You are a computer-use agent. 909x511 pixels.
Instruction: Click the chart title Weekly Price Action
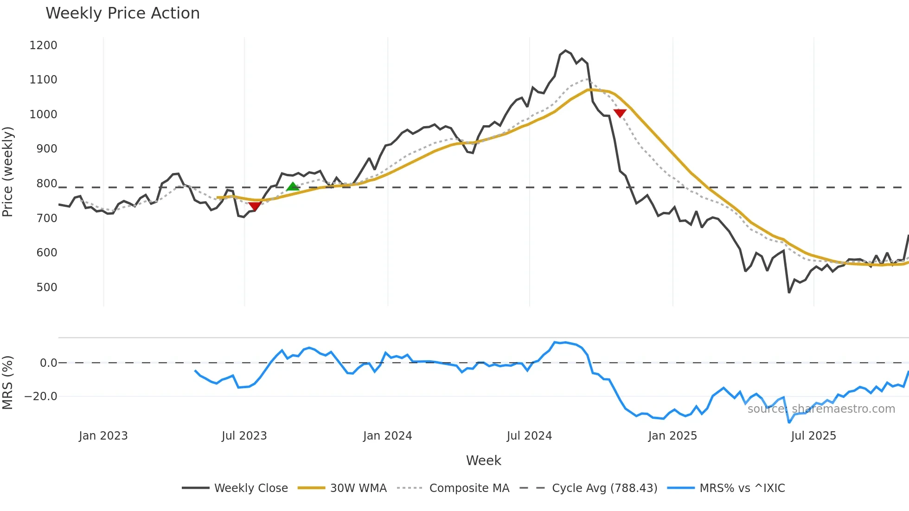[x=122, y=13]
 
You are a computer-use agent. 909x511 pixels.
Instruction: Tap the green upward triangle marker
[x=293, y=186]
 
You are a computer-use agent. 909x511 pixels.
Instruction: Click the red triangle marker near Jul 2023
[x=255, y=206]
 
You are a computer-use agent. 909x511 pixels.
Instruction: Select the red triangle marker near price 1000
[x=620, y=113]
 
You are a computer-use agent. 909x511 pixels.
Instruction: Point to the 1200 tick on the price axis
[x=43, y=45]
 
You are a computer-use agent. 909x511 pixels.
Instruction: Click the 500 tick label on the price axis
[x=46, y=287]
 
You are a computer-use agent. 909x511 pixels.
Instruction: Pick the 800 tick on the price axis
[x=46, y=184]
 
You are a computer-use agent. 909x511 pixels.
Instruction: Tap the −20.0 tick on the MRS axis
[x=41, y=396]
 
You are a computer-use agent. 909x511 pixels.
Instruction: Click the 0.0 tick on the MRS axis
[x=48, y=363]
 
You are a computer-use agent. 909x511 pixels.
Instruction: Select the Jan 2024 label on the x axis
[x=387, y=436]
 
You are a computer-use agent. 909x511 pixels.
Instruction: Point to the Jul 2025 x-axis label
[x=813, y=436]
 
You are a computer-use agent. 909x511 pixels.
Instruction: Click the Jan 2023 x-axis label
[x=103, y=436]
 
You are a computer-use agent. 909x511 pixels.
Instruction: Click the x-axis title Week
[x=483, y=460]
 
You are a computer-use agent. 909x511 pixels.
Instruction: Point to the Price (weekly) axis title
[x=8, y=172]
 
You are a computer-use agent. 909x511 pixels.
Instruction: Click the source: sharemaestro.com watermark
[x=821, y=409]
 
